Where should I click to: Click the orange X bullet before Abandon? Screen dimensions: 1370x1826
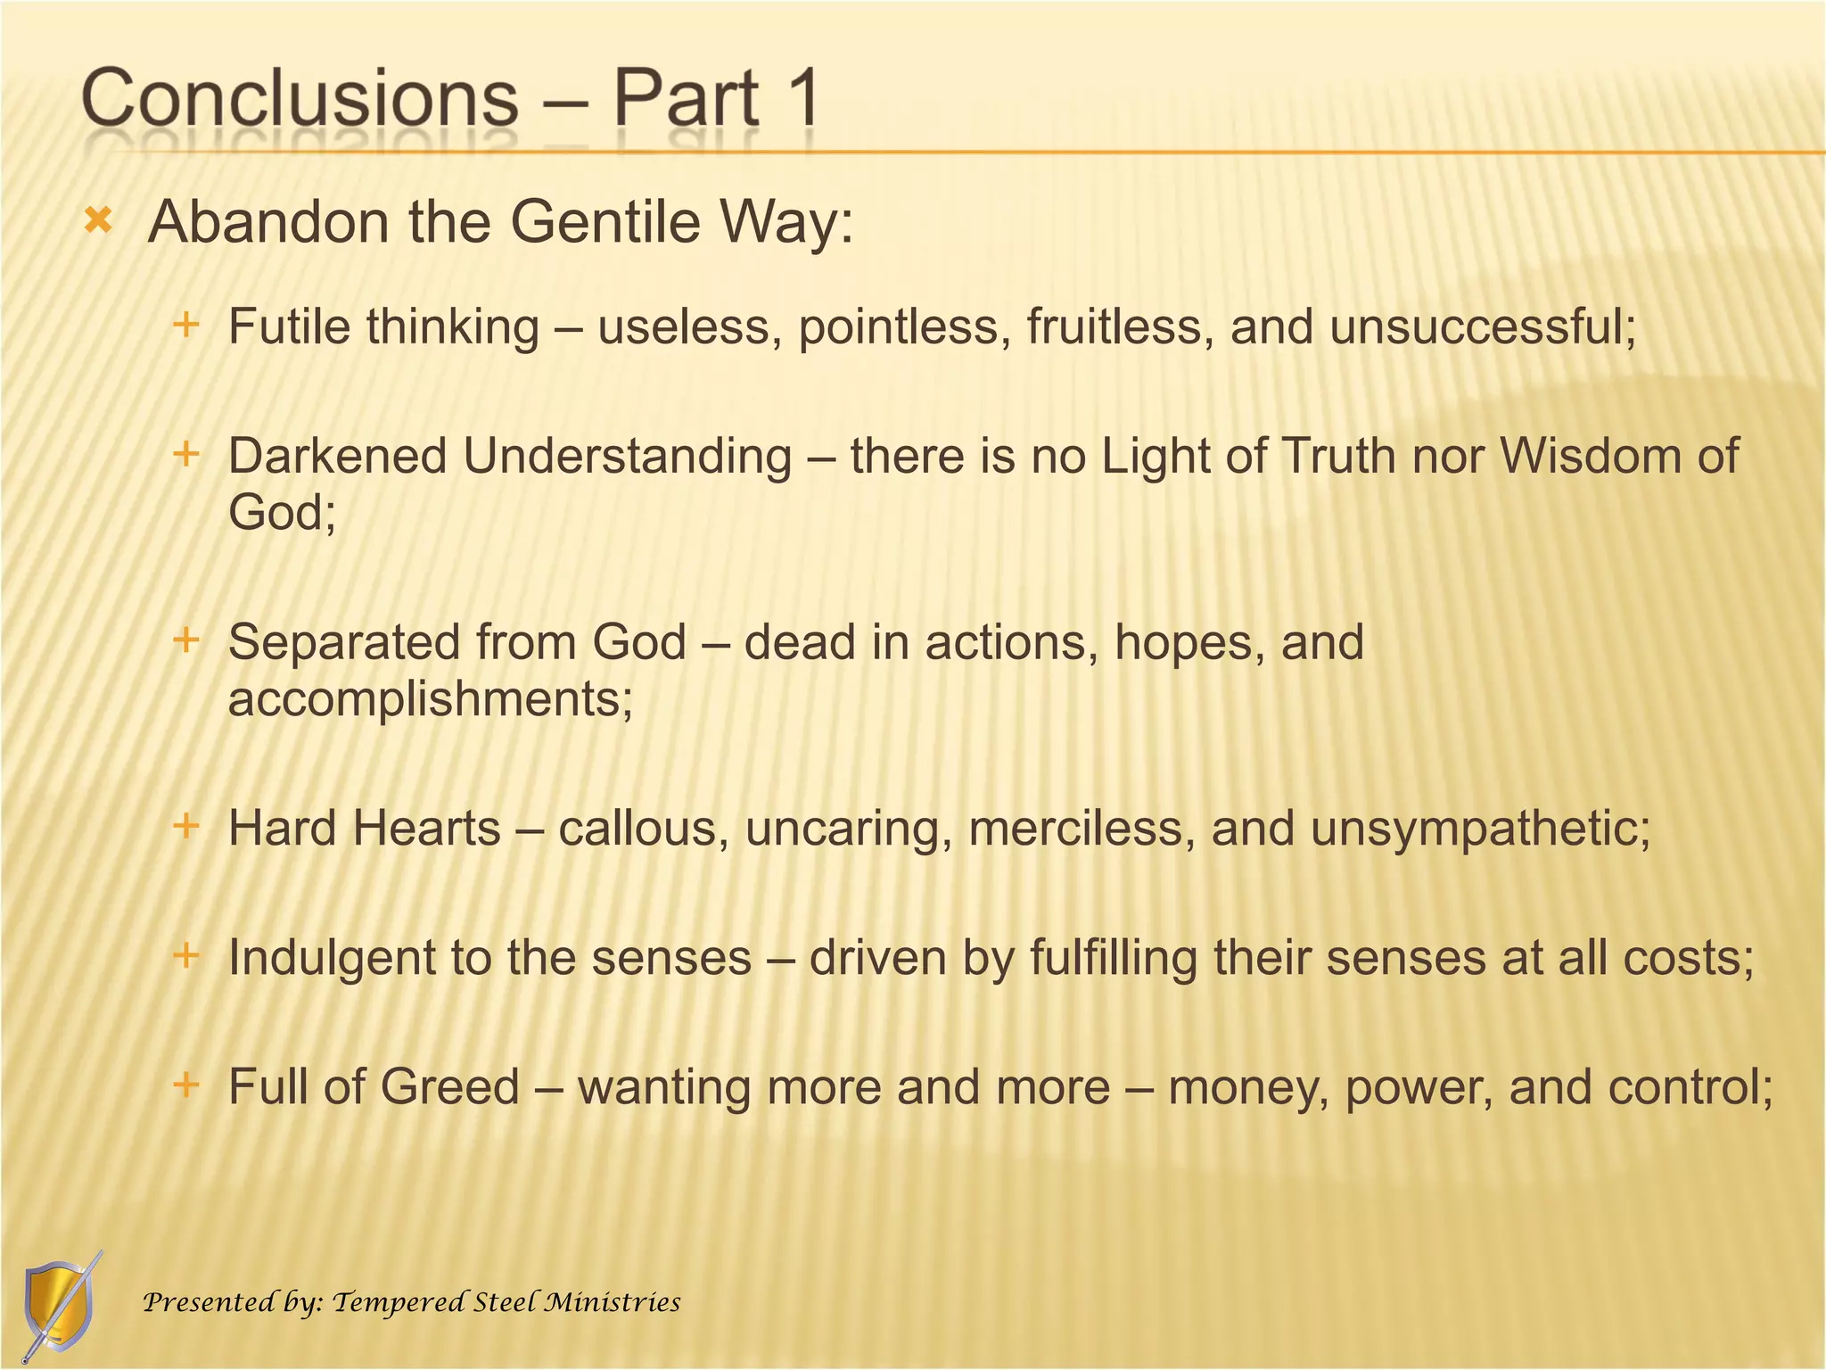[x=98, y=220]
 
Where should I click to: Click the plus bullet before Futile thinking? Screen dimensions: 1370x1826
[x=185, y=325]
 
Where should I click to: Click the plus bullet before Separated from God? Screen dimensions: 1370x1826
[x=185, y=640]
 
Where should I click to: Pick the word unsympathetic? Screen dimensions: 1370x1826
[x=1480, y=829]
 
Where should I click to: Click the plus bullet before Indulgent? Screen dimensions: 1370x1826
[x=185, y=956]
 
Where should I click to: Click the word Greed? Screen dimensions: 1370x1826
[x=449, y=1087]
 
